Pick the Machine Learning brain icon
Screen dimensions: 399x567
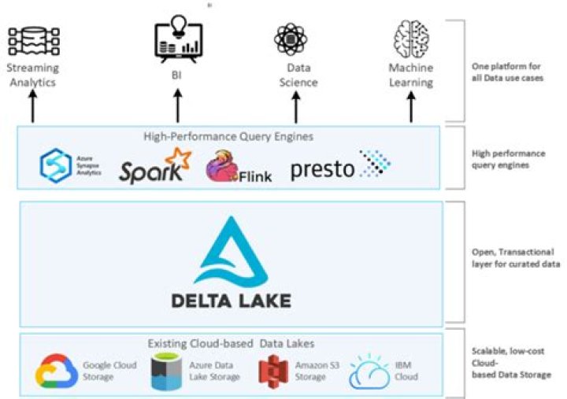pyautogui.click(x=410, y=39)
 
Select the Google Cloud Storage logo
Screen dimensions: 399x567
pyautogui.click(x=57, y=371)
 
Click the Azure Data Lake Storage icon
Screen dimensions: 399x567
pyautogui.click(x=166, y=371)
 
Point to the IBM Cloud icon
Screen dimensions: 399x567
pyautogui.click(x=370, y=371)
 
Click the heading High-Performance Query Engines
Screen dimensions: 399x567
pyautogui.click(x=228, y=136)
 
